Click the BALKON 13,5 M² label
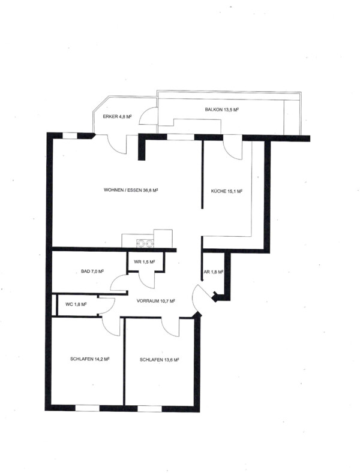(x=221, y=110)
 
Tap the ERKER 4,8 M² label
(x=117, y=116)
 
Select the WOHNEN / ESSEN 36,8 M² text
(x=131, y=190)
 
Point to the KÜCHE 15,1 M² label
(x=227, y=191)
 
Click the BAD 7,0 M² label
(x=92, y=271)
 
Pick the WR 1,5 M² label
(x=145, y=261)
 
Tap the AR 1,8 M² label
(x=214, y=272)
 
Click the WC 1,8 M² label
(x=76, y=305)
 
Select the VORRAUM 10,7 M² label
(x=156, y=301)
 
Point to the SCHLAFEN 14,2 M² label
(x=89, y=359)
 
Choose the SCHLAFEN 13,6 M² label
(x=160, y=360)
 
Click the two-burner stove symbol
(x=145, y=243)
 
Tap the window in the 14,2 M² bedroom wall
(x=87, y=408)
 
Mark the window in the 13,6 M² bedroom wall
(x=149, y=409)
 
